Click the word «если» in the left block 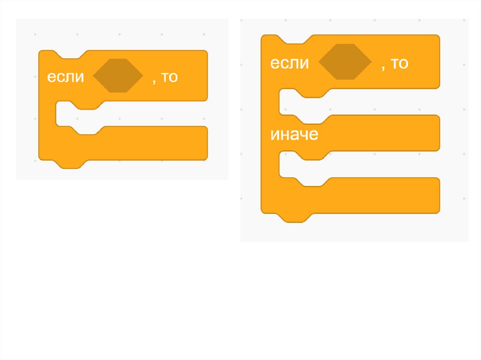65,77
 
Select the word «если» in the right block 289,63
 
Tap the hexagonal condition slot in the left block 118,76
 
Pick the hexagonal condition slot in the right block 345,61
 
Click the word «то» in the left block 170,77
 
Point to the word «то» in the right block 399,63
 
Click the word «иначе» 294,135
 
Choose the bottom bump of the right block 295,217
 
